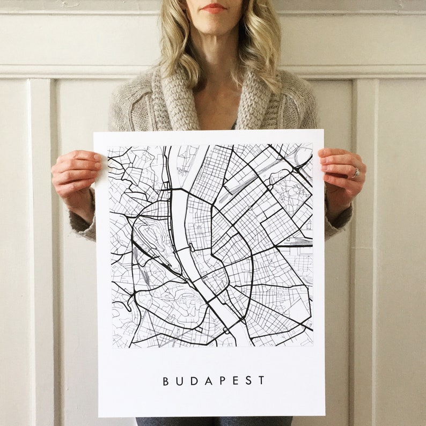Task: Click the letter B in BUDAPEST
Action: [x=166, y=381]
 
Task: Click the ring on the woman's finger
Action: [x=355, y=173]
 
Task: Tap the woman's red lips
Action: [x=214, y=8]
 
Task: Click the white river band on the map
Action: [x=179, y=215]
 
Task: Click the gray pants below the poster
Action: [x=215, y=421]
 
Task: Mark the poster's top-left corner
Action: [x=94, y=132]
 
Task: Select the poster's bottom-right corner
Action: [x=325, y=416]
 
